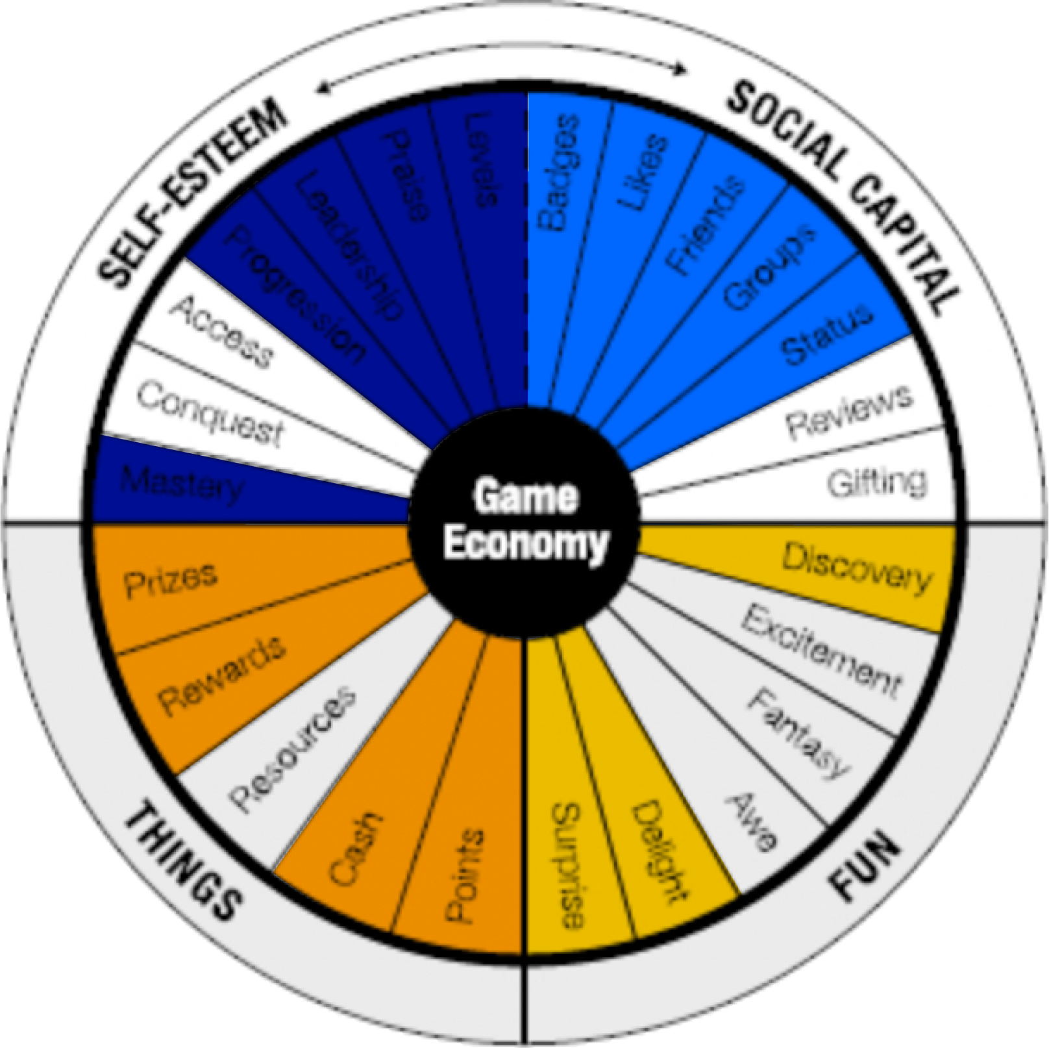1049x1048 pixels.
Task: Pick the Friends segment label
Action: coord(705,225)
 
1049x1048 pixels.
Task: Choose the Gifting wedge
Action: coord(876,483)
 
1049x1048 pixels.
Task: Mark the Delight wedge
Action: coord(660,851)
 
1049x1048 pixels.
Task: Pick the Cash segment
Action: coord(354,848)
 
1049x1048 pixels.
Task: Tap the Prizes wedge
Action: coord(170,579)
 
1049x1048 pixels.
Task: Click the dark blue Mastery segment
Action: coord(182,484)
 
